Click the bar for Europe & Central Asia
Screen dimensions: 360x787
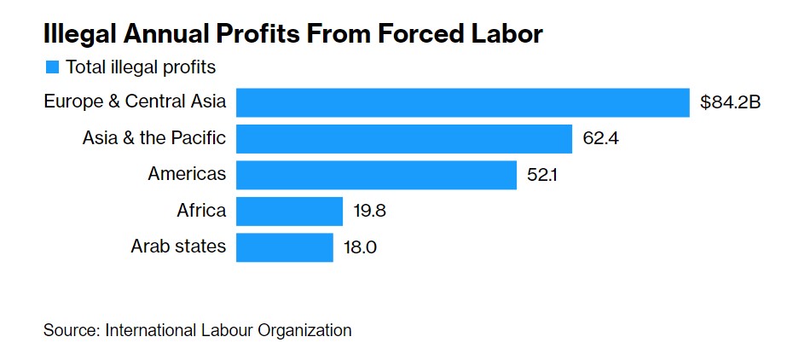[462, 102]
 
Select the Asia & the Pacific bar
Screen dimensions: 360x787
[403, 138]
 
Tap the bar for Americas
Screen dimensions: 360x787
[376, 175]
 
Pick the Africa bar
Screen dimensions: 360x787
[289, 211]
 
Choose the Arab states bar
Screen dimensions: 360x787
[284, 247]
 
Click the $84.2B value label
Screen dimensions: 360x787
[730, 103]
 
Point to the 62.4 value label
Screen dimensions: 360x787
[600, 138]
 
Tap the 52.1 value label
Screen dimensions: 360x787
[544, 175]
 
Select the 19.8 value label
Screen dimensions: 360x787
[370, 211]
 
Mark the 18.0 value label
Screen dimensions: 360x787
[360, 247]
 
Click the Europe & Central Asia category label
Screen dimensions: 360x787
[135, 102]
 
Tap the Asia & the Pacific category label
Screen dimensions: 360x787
[154, 138]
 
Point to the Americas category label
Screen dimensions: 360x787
[187, 174]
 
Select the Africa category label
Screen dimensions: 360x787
[201, 211]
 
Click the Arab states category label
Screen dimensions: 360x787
[178, 247]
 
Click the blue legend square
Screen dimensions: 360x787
[52, 67]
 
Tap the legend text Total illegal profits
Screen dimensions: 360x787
[141, 67]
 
